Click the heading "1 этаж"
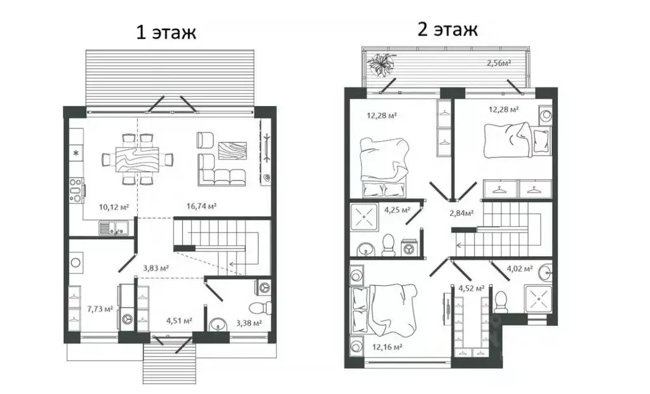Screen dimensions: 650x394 click(166, 32)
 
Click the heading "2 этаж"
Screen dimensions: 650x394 click(447, 29)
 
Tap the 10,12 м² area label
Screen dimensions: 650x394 click(114, 207)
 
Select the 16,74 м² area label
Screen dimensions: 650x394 click(201, 206)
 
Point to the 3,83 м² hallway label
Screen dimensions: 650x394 click(156, 268)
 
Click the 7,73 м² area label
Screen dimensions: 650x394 click(100, 309)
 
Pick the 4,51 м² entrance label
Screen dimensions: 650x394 click(179, 320)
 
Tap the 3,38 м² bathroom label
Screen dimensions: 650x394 click(248, 323)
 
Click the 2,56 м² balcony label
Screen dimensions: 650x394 click(499, 63)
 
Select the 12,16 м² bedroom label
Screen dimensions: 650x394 click(387, 347)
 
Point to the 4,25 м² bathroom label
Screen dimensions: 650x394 click(397, 210)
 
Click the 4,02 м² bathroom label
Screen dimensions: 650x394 click(520, 269)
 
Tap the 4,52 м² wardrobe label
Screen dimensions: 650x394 click(471, 288)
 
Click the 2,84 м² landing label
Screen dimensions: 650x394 click(462, 213)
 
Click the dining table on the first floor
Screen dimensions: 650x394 click(137, 159)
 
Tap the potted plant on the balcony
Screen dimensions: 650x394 click(381, 65)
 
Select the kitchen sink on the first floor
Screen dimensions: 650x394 click(114, 228)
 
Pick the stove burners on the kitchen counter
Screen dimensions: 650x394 click(76, 191)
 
